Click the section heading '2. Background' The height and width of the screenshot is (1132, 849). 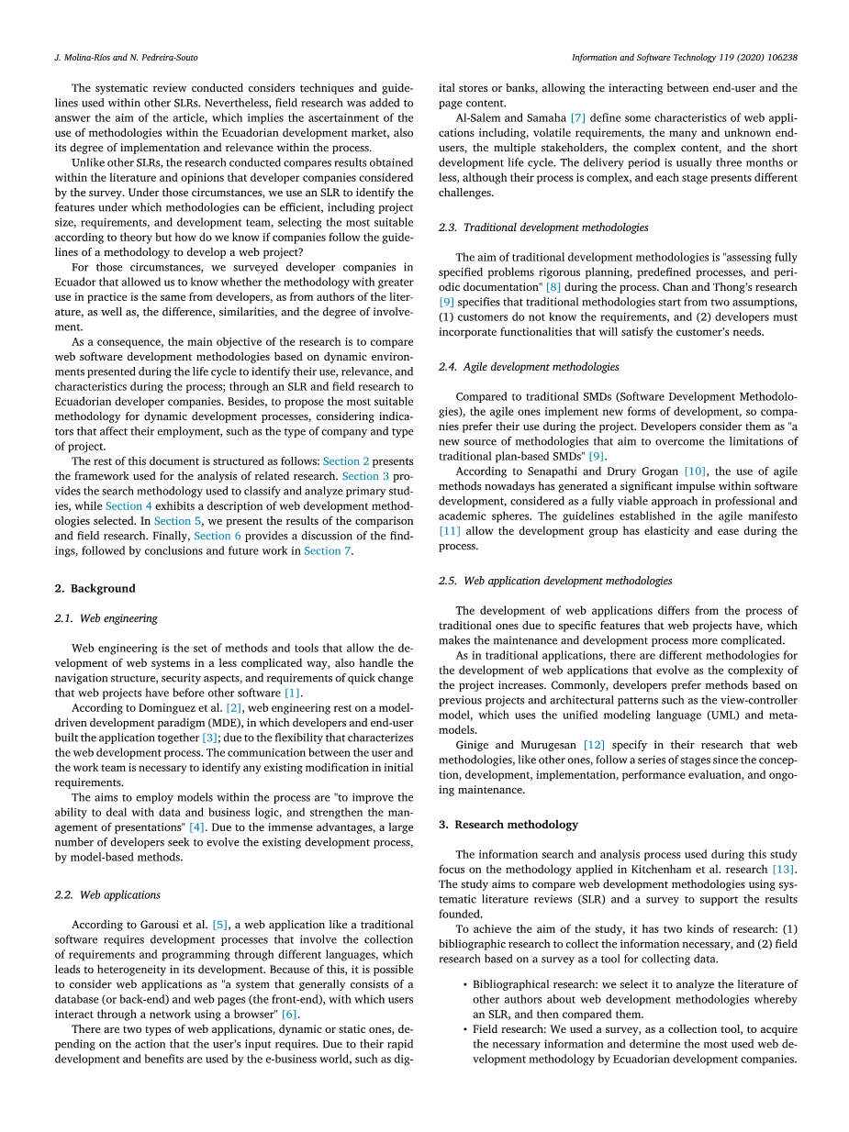[x=95, y=588]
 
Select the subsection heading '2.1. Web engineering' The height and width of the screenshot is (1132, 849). [x=106, y=618]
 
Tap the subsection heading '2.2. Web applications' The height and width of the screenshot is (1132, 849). [x=107, y=894]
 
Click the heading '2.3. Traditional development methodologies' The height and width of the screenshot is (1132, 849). [x=543, y=228]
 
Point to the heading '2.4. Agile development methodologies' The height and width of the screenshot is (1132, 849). [x=529, y=367]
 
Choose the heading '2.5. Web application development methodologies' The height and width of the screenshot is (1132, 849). [x=555, y=581]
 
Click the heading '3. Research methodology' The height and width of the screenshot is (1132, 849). [x=508, y=825]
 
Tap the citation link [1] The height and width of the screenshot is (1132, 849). [x=292, y=694]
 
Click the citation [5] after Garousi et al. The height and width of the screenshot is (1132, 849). [x=220, y=925]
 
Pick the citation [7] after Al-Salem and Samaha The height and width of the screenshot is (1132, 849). [x=578, y=118]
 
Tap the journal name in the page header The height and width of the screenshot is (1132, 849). [x=684, y=57]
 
